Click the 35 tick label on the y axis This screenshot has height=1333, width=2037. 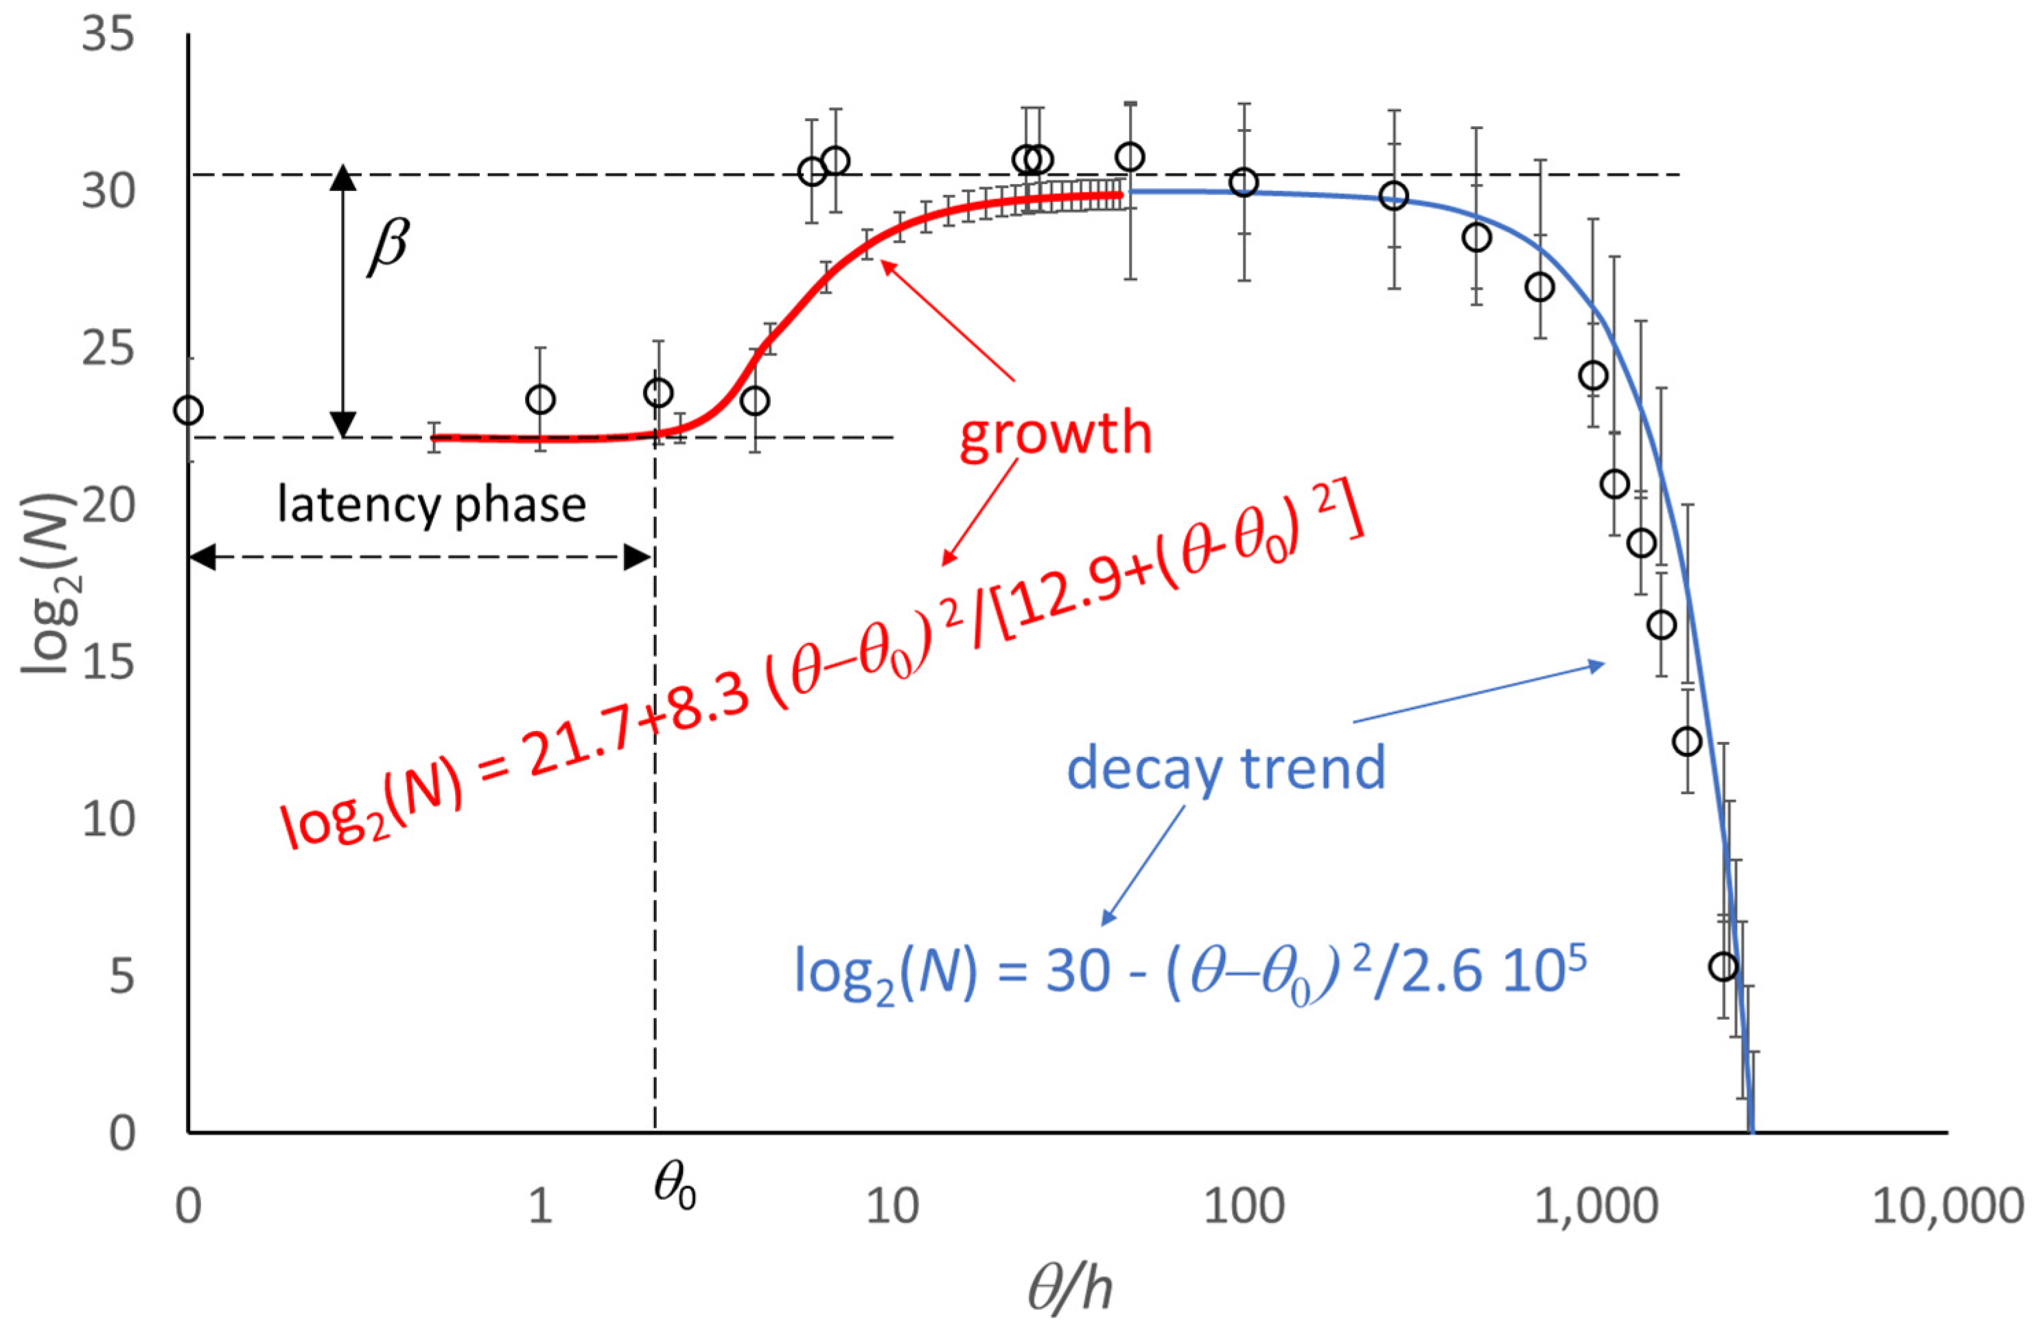[108, 36]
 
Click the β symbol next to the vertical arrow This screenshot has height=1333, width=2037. [389, 246]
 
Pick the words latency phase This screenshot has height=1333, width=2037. [432, 505]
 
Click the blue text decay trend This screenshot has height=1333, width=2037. [1226, 768]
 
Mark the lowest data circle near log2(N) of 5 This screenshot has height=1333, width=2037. [1723, 966]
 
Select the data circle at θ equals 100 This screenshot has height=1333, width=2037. [1243, 183]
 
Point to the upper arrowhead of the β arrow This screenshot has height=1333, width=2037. [343, 176]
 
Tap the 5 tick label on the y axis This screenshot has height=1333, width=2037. [121, 975]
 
